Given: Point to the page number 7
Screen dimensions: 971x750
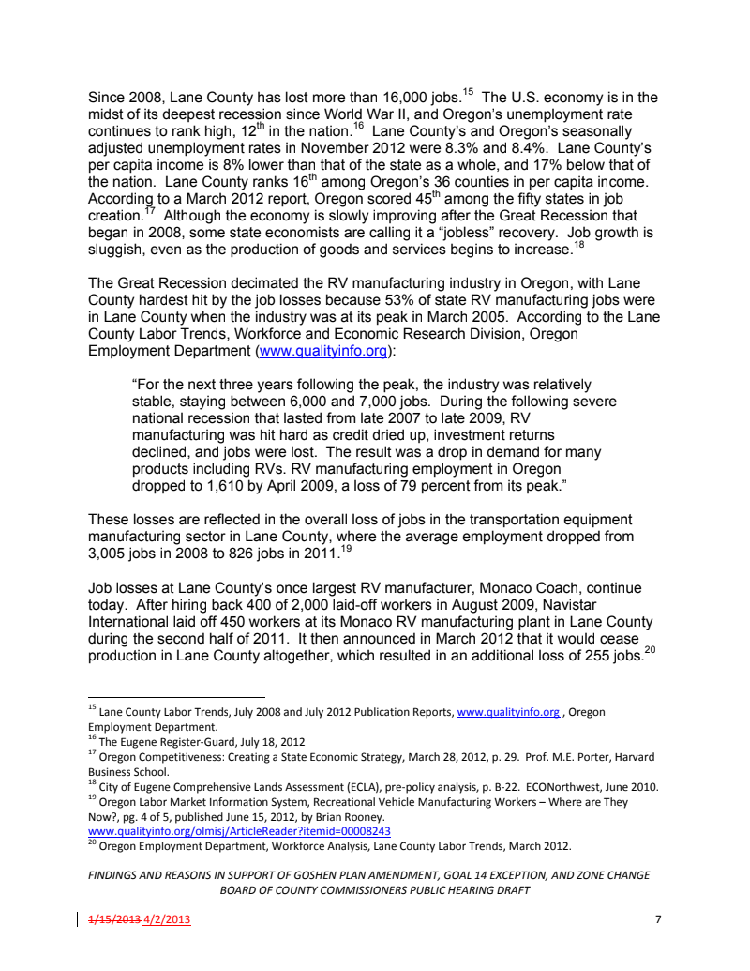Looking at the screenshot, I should pyautogui.click(x=657, y=919).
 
